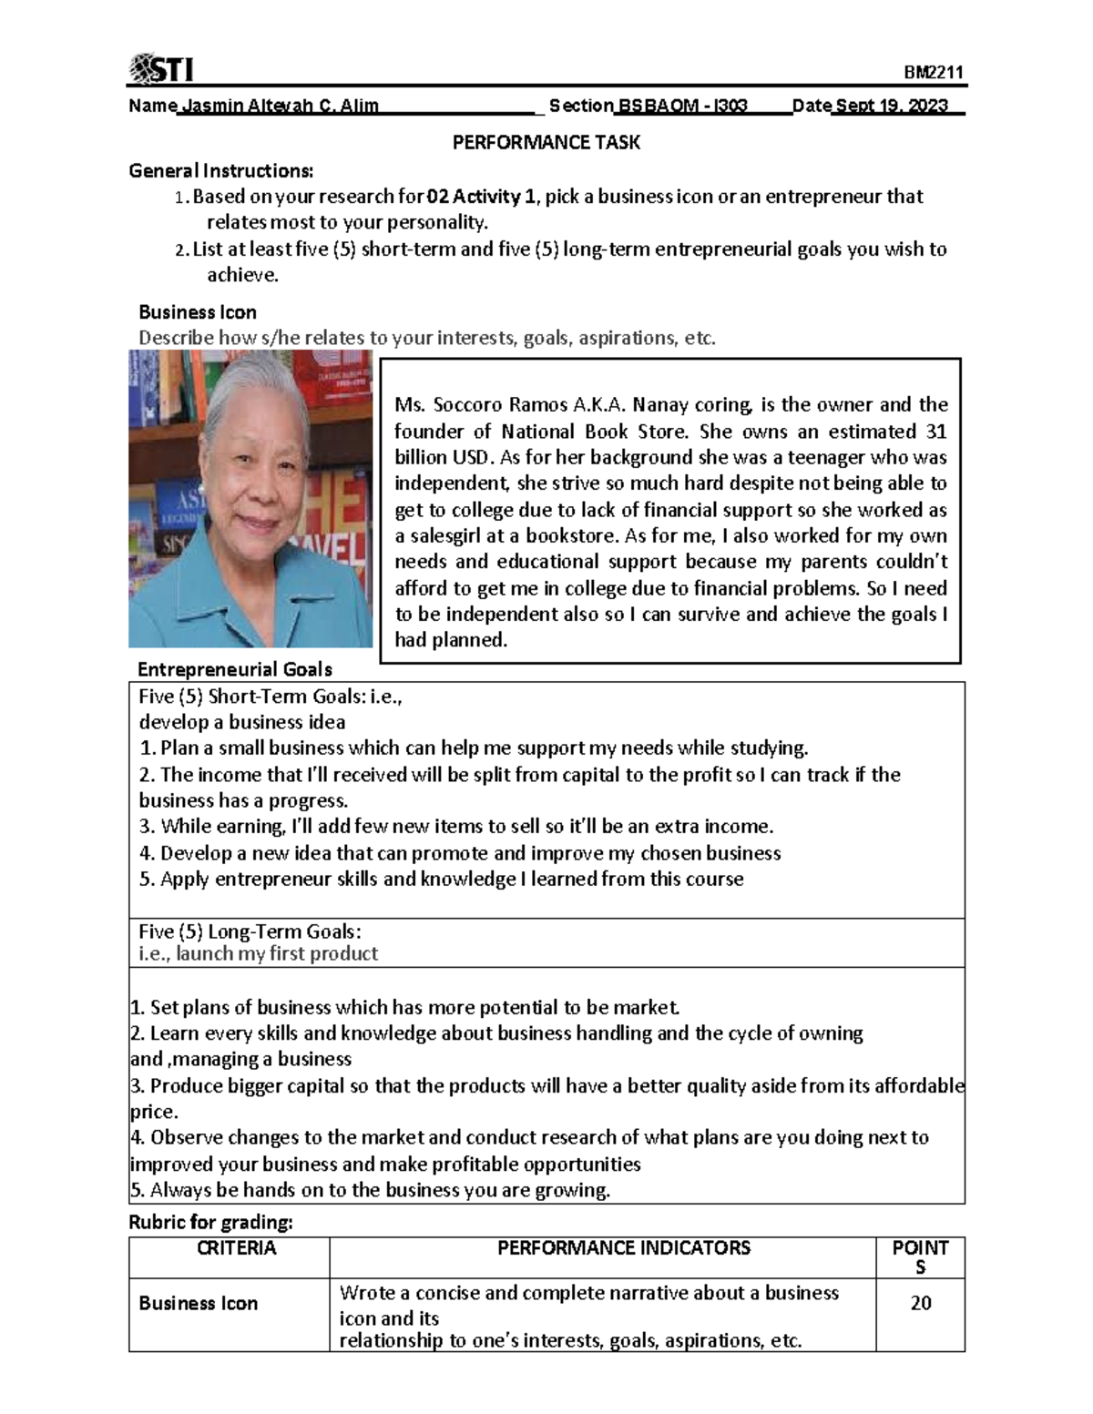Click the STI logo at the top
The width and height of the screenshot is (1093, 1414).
coord(161,68)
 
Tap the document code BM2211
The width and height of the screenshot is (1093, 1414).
coord(934,73)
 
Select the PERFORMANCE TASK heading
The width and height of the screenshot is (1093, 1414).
coord(546,142)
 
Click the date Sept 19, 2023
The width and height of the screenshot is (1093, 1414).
coord(892,106)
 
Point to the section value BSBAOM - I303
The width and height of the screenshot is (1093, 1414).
coord(682,106)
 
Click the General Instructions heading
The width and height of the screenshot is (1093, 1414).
coord(221,170)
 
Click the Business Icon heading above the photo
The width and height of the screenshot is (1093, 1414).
coord(197,312)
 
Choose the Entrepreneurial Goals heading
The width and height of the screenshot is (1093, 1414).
coord(234,669)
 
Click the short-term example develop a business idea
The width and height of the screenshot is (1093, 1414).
coord(242,722)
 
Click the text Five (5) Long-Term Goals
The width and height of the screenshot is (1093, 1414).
coord(250,931)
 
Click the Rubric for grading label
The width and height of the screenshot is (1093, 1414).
coord(210,1222)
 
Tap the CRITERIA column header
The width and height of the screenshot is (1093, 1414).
coord(237,1247)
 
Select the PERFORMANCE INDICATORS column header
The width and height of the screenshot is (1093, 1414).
coord(624,1247)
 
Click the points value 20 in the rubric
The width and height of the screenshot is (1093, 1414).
coord(920,1303)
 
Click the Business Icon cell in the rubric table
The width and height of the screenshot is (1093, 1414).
coord(199,1303)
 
